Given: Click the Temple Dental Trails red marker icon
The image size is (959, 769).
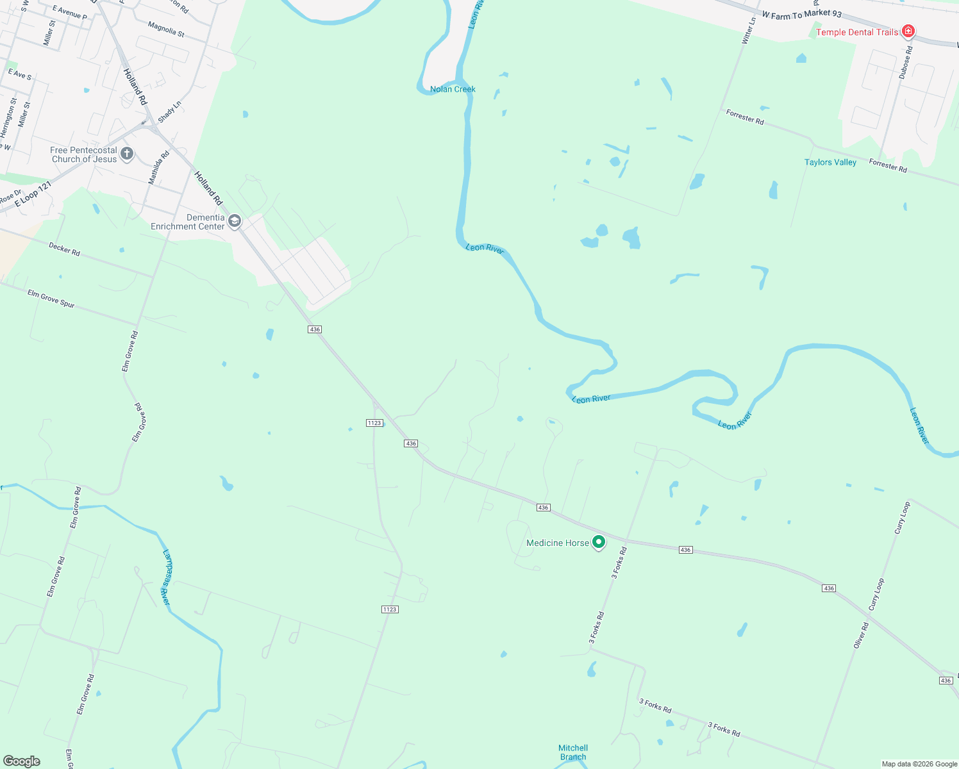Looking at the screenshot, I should point(908,31).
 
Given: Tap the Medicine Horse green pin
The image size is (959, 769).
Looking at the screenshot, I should point(599,542).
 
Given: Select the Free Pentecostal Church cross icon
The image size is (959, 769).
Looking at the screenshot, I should point(127,153).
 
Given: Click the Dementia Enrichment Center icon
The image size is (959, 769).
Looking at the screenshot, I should point(235,221).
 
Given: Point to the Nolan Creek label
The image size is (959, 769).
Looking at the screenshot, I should point(453,89).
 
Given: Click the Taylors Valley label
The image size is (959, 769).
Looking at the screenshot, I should point(830,162).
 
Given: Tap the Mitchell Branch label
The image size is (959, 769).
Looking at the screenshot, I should point(573,752).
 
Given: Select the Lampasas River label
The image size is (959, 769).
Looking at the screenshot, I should point(166,577).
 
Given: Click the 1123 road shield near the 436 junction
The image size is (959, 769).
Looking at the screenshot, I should point(374,423).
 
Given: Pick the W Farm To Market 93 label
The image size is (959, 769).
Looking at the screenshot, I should point(801,14).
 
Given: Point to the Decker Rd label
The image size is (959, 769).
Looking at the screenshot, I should point(64,249).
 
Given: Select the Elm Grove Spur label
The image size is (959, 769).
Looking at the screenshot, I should point(51,299).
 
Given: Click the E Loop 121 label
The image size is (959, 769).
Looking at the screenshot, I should point(33,194).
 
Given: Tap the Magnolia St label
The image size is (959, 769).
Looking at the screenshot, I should point(166,29).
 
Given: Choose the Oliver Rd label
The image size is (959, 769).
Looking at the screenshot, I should point(861,634).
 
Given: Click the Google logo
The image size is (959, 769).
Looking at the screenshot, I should point(21,761).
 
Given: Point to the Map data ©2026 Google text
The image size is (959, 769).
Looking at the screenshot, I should point(919,764).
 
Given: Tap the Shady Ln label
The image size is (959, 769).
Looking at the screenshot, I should point(170,112).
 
